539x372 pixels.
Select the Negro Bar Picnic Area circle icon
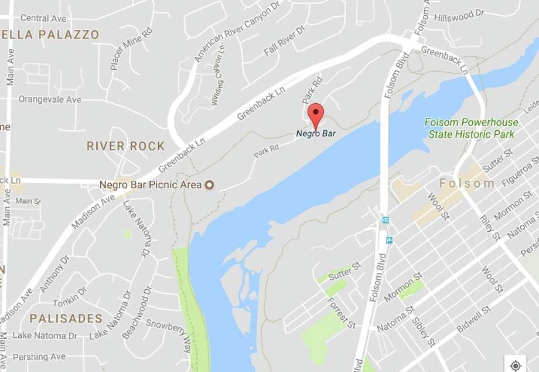click(x=207, y=185)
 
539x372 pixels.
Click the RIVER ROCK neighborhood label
click(x=125, y=146)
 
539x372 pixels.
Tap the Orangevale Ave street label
click(x=50, y=99)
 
